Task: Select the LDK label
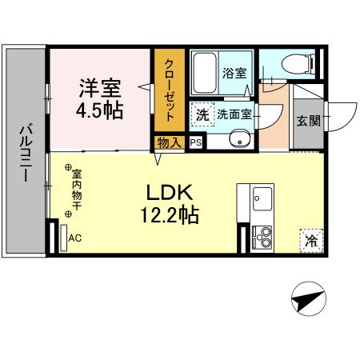(167, 193)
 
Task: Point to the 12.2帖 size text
(167, 215)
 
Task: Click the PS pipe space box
(195, 144)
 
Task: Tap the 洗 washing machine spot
(203, 114)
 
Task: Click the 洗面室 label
(234, 114)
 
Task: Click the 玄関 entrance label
(307, 121)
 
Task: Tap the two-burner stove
(262, 236)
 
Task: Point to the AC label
(75, 238)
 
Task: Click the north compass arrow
(309, 300)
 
